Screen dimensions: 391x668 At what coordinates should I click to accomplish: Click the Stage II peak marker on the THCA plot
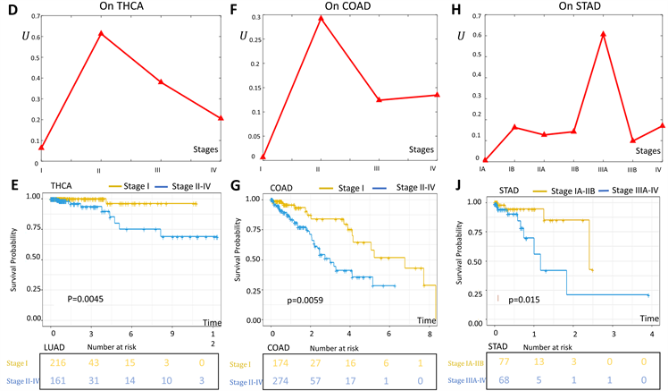coord(101,33)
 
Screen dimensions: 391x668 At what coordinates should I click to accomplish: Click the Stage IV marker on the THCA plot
coord(221,117)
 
